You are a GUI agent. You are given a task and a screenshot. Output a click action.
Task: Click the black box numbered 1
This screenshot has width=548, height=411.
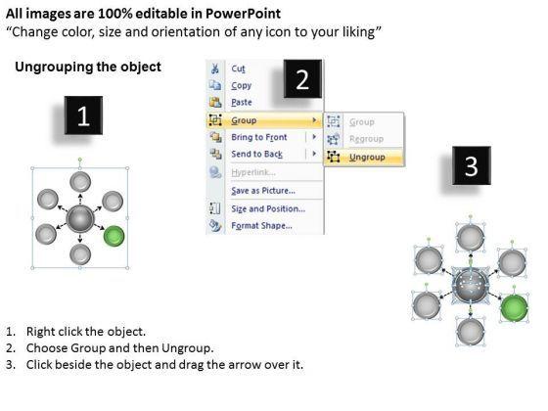83,115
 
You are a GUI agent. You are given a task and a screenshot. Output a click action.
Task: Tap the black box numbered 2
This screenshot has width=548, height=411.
302,78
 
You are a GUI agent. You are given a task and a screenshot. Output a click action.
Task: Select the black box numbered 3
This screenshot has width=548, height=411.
472,165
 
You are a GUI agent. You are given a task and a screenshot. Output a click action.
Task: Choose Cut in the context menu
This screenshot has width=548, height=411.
238,68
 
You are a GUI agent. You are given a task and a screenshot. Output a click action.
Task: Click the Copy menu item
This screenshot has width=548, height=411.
241,86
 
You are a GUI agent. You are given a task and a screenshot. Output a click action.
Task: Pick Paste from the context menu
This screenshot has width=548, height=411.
242,103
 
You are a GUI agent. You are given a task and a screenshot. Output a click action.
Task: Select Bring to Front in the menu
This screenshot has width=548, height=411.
259,137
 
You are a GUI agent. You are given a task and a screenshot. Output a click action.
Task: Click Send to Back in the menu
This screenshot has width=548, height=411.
256,155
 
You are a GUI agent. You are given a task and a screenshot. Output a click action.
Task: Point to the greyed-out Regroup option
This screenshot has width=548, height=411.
366,139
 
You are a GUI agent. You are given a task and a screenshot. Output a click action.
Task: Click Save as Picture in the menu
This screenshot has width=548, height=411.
263,191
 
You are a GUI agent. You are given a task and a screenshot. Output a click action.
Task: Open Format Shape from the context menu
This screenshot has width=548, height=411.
262,226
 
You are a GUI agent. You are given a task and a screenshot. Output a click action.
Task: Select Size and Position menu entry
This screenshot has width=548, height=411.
268,209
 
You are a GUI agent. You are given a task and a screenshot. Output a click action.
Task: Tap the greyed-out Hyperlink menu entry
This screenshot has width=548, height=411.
253,172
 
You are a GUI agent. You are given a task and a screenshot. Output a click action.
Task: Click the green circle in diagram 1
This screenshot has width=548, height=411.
114,236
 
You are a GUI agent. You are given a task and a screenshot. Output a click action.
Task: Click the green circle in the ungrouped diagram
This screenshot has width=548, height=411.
514,308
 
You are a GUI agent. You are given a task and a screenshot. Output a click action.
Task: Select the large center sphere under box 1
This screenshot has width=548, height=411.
80,219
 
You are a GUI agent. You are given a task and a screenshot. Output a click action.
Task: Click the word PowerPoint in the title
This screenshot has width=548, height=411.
243,14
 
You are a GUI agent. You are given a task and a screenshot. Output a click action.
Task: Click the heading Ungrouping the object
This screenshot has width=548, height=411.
88,67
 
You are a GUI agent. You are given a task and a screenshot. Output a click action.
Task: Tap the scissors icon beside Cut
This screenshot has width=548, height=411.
215,68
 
